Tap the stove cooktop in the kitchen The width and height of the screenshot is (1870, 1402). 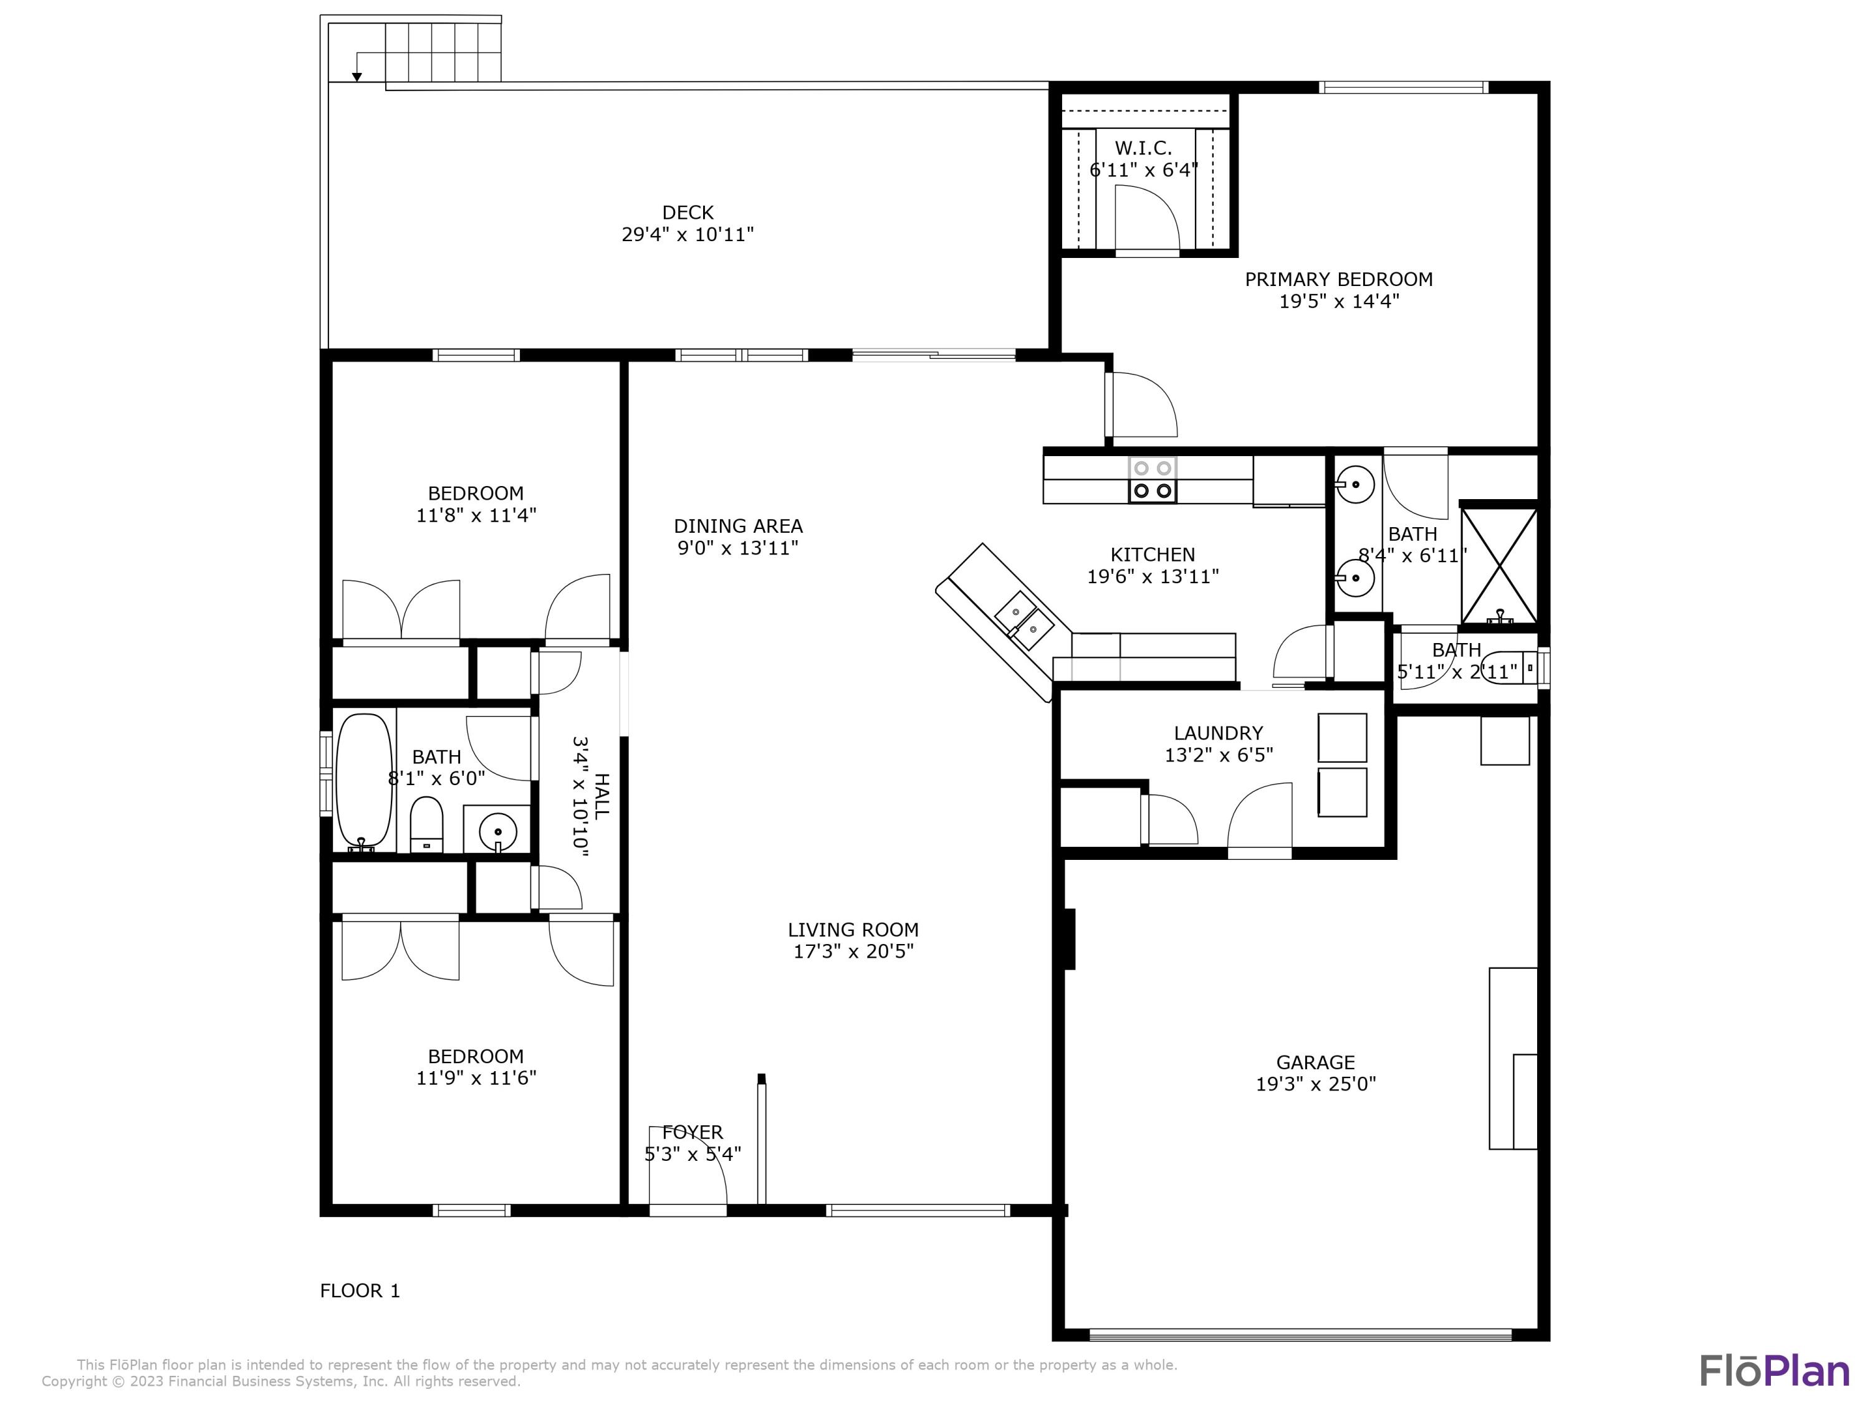click(x=1153, y=479)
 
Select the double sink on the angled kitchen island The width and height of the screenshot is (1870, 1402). click(x=1024, y=620)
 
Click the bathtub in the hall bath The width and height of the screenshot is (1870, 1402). click(x=365, y=781)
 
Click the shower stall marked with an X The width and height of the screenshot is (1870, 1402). click(x=1499, y=565)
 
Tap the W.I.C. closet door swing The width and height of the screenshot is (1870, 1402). click(x=1146, y=217)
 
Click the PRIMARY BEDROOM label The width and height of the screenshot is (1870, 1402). click(x=1338, y=280)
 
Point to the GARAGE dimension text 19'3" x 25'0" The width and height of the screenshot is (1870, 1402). click(x=1315, y=1084)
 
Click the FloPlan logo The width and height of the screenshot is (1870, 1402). click(x=1773, y=1371)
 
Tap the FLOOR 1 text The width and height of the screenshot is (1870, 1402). click(x=359, y=1290)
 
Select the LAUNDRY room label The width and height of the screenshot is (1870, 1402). click(x=1218, y=733)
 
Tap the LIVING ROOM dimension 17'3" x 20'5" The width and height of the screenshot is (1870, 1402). click(x=853, y=951)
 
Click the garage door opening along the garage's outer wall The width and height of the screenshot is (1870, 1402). click(x=1300, y=1335)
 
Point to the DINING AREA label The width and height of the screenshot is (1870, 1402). click(x=737, y=527)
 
